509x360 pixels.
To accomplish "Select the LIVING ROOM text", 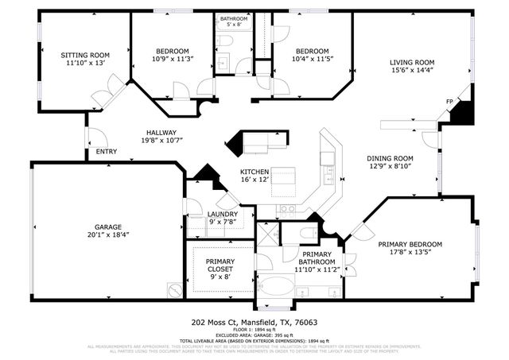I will (411, 63).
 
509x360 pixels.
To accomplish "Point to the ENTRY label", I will (106, 151).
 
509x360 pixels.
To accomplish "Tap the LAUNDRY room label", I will (222, 214).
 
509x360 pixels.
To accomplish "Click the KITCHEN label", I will (254, 172).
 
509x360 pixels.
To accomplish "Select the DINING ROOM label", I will (390, 158).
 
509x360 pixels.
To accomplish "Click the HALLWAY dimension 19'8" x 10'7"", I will (161, 141).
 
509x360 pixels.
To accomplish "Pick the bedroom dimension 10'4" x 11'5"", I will (313, 58).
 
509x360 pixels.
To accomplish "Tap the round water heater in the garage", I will (175, 289).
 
